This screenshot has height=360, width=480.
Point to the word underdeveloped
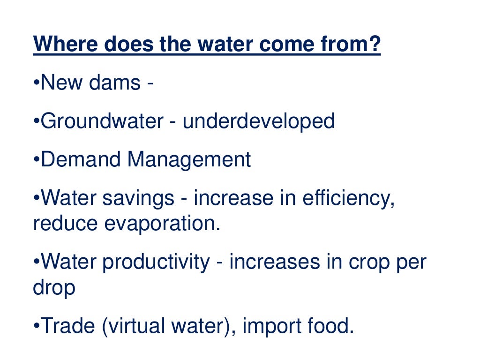pos(258,121)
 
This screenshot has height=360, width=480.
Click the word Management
pos(189,160)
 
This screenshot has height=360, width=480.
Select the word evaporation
pos(162,224)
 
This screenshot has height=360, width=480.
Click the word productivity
pos(156,262)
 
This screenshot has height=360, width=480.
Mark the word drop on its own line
pos(54,287)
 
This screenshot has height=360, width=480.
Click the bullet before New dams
pos(37,84)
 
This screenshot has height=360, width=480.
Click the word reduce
pos(65,224)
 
